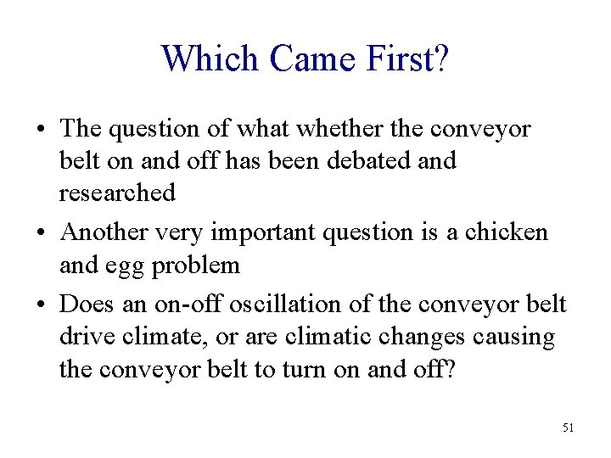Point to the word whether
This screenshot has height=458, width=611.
click(x=328, y=129)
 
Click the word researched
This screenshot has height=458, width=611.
click(x=117, y=193)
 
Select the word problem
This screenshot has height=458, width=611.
click(x=196, y=265)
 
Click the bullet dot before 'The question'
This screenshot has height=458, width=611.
click(x=42, y=130)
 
